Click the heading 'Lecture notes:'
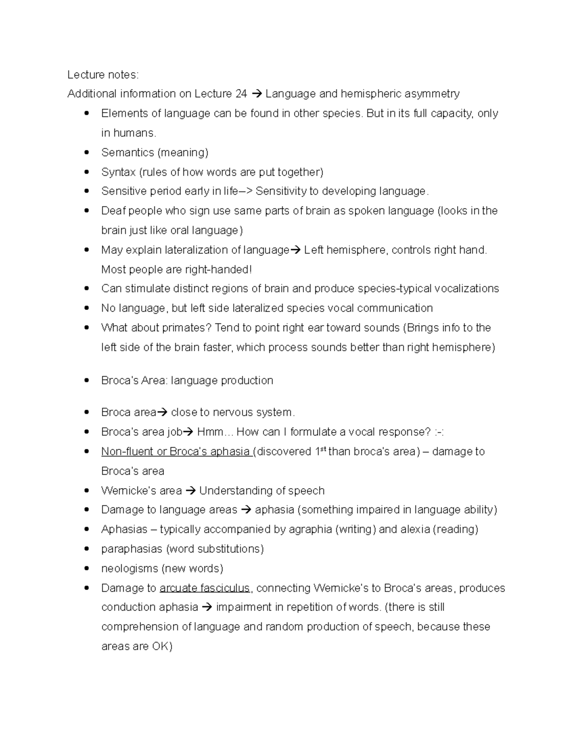103,75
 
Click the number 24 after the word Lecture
241,94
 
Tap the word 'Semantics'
127,153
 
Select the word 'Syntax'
118,172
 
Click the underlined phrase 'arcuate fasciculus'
205,588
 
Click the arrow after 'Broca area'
162,412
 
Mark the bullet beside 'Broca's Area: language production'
87,381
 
